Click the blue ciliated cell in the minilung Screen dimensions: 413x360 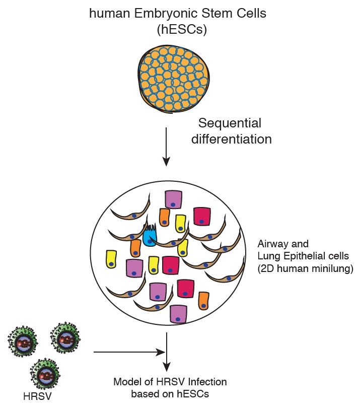point(150,237)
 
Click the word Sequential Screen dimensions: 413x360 point(230,123)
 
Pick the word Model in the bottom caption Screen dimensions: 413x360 point(125,382)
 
